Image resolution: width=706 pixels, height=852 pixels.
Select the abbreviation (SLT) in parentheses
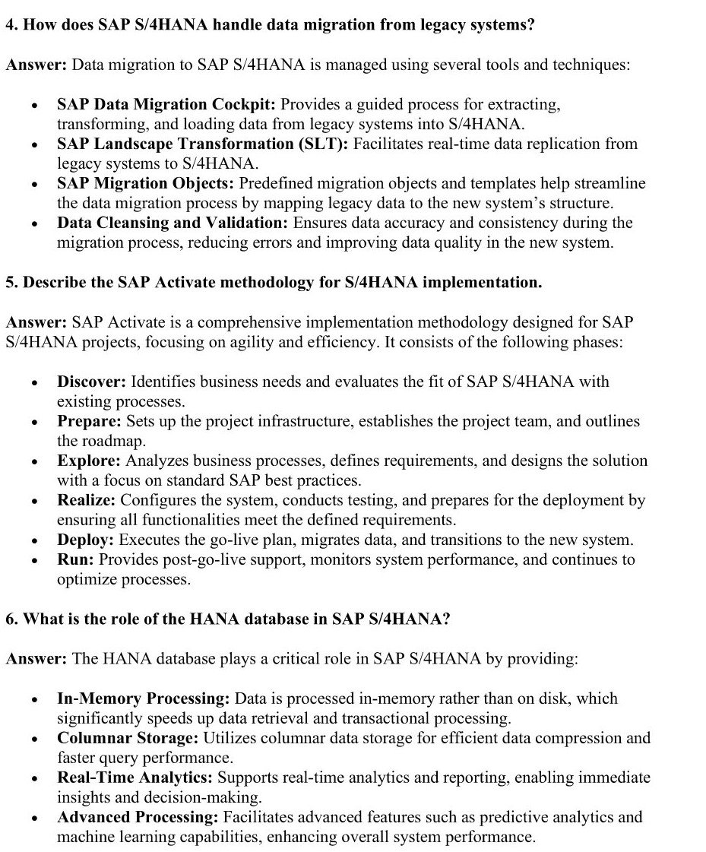328,144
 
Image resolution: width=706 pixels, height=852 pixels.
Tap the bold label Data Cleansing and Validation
173,223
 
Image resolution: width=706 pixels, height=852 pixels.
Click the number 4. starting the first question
11,24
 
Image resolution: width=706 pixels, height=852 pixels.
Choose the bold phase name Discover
91,382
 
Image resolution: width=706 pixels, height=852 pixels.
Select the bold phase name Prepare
89,421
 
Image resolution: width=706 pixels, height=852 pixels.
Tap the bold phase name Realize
87,500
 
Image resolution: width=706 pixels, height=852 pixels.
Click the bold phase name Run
75,559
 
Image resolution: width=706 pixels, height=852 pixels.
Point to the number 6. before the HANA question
11,619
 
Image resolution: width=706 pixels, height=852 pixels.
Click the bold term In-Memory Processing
144,698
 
